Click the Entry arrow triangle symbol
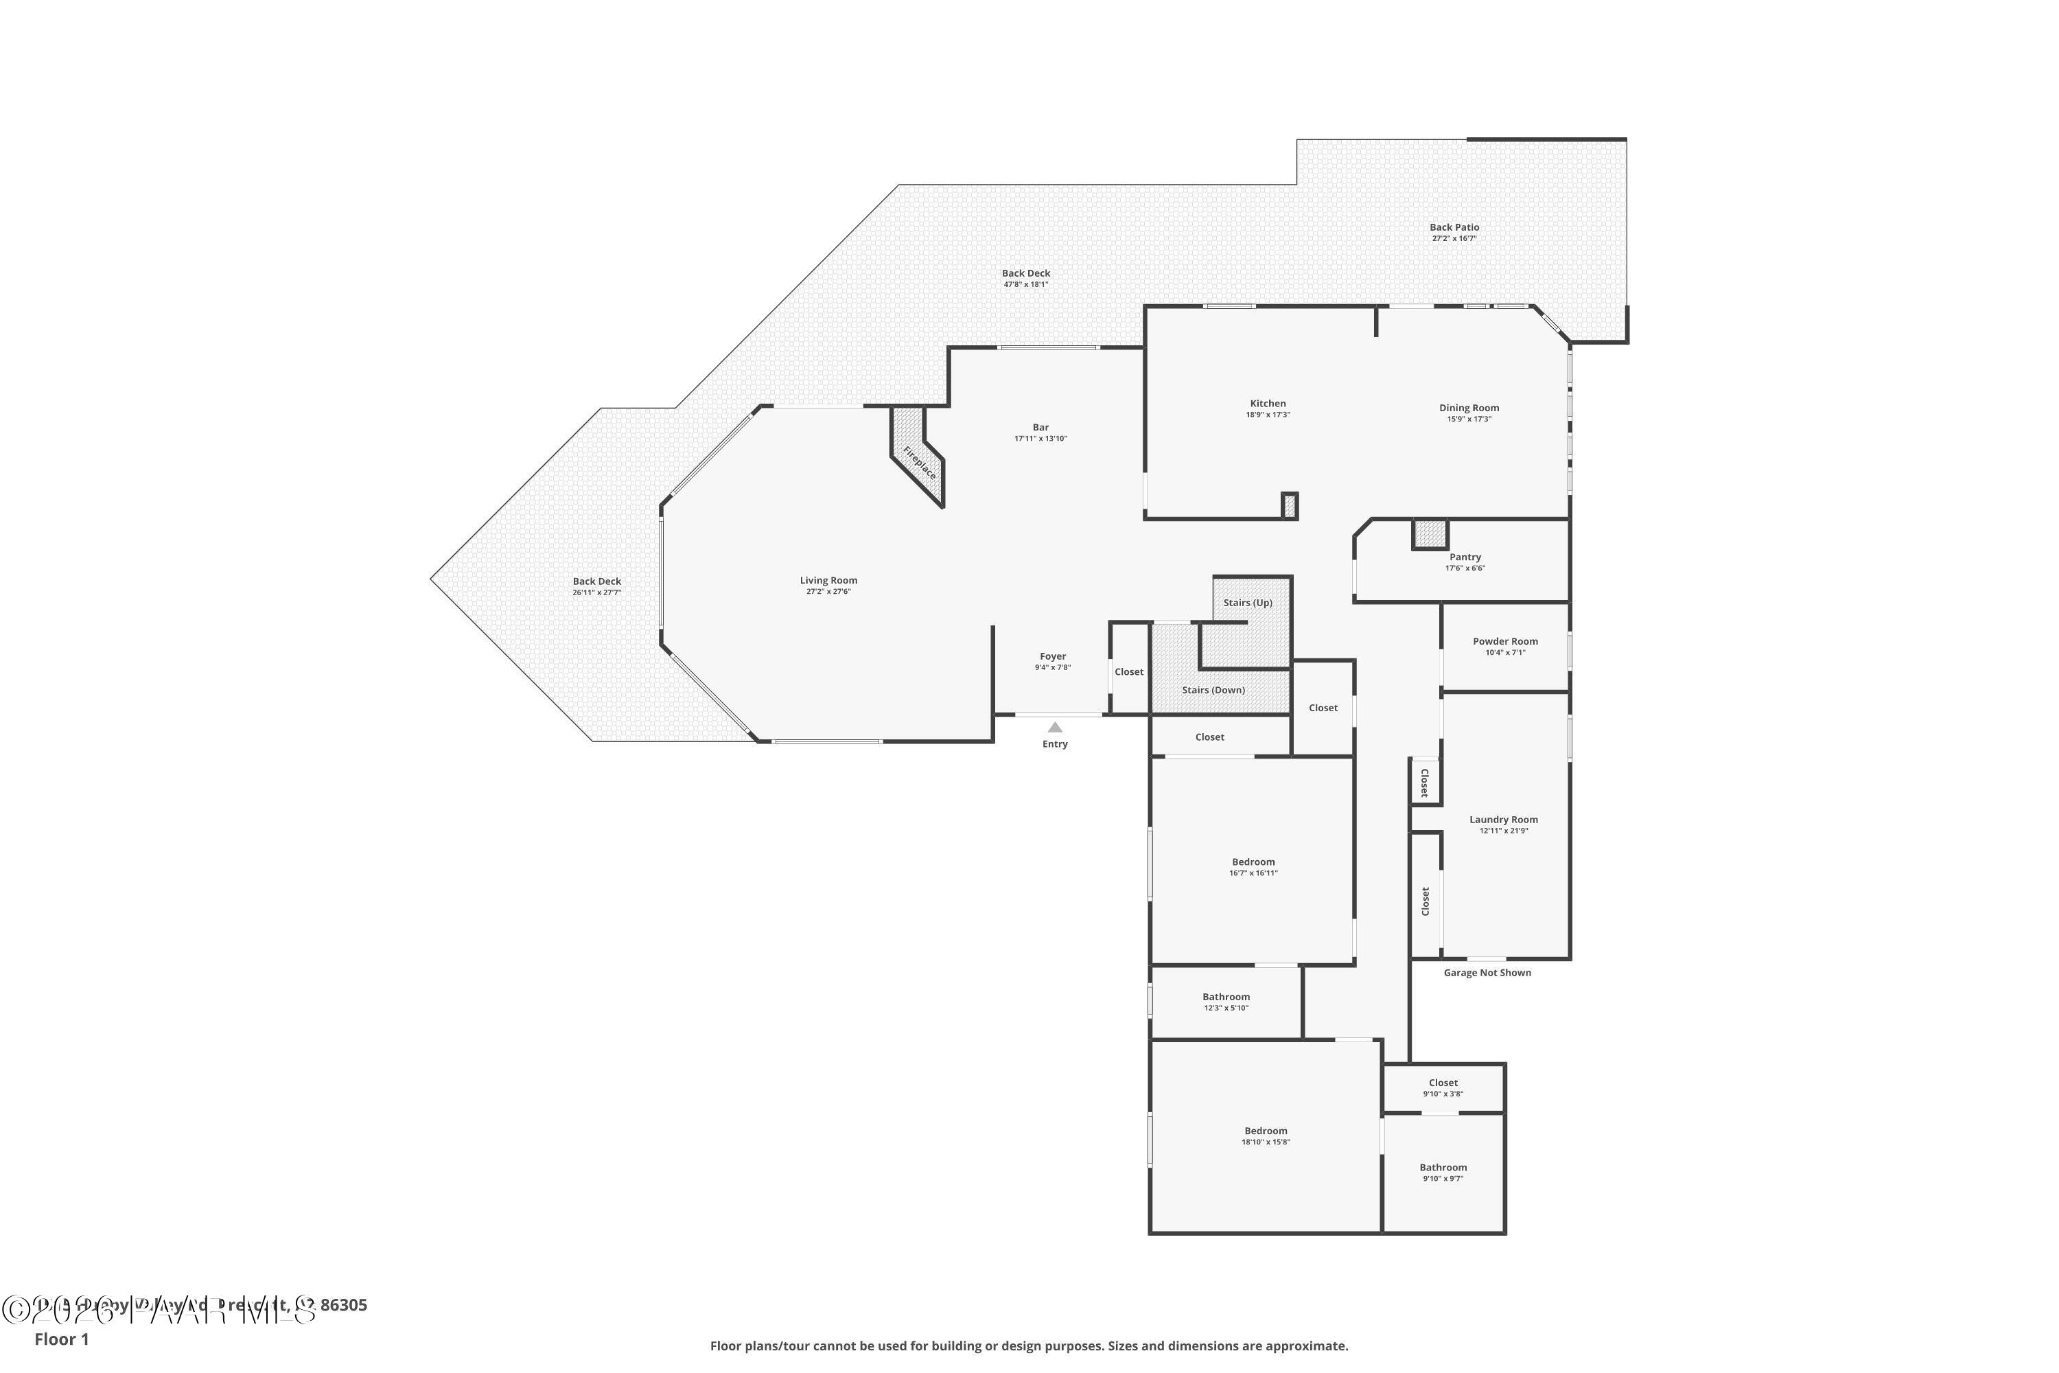click(x=1055, y=728)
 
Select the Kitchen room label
click(x=1268, y=404)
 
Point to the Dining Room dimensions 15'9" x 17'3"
click(x=1469, y=419)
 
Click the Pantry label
click(x=1465, y=557)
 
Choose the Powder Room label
click(x=1505, y=641)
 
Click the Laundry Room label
click(x=1503, y=820)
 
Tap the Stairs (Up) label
click(x=1248, y=603)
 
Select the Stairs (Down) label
click(x=1213, y=690)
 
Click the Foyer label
click(x=1052, y=656)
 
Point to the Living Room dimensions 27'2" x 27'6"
click(x=828, y=592)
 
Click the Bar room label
click(x=1040, y=427)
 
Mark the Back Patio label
click(x=1454, y=227)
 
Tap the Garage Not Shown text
click(x=1487, y=973)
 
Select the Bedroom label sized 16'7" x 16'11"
click(x=1253, y=862)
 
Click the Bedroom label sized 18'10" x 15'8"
click(x=1265, y=1131)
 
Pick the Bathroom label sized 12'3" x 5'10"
click(x=1226, y=997)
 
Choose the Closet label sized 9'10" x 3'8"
click(x=1443, y=1083)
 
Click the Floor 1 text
click(x=61, y=1339)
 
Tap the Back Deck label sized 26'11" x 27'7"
click(x=596, y=581)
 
